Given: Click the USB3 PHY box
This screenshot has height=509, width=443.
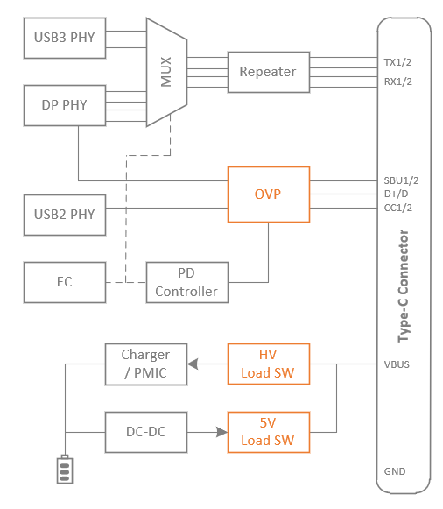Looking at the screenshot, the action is pos(65,38).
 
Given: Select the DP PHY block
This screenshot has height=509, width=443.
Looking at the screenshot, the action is pos(65,105).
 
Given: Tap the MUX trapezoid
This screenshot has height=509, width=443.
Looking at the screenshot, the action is pos(166,72).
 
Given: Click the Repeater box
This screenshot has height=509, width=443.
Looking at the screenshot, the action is pos(269,72).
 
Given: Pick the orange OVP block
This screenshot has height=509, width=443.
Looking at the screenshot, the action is pos(269,194).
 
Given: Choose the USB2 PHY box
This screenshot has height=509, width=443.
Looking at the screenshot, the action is pos(65,215).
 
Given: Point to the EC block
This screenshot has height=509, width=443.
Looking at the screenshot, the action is pos(65,282).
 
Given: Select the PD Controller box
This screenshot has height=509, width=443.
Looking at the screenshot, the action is pos(187,282).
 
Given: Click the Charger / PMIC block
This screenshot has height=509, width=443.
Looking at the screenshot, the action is pos(146,364).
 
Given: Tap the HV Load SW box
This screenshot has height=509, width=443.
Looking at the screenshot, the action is pos(269,364).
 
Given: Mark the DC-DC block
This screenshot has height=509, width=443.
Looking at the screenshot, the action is pos(146,432).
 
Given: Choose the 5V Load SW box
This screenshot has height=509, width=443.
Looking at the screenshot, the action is pos(269,432).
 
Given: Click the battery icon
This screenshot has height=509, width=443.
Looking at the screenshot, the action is pos(65,470).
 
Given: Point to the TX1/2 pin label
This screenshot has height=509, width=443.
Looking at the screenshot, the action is pos(397,62).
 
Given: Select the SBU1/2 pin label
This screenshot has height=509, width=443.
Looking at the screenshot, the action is pos(401,180).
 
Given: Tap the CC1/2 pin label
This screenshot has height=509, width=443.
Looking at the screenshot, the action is pos(398,208).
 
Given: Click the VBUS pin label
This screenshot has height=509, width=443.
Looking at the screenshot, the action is pos(397,364).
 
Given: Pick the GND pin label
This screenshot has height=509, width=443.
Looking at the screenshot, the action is pos(395,471).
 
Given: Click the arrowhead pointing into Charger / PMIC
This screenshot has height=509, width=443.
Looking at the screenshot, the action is pos(193,364).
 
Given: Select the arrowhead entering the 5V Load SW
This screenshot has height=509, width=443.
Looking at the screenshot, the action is pos(222,432).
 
